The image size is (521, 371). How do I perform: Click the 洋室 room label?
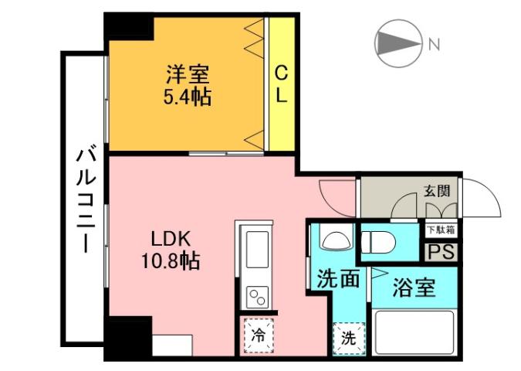pyautogui.click(x=187, y=76)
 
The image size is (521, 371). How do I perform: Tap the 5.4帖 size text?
pyautogui.click(x=187, y=98)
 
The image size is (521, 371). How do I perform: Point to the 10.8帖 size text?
pyautogui.click(x=170, y=261)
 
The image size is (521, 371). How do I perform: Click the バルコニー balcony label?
pyautogui.click(x=83, y=199)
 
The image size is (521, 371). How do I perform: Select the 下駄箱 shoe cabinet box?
pyautogui.click(x=440, y=230)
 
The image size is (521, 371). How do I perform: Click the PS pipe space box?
pyautogui.click(x=441, y=252)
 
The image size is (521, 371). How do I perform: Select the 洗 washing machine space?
pyautogui.click(x=349, y=337)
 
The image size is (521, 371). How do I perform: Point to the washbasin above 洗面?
pyautogui.click(x=335, y=240)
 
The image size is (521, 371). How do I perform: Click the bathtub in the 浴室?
pyautogui.click(x=414, y=333)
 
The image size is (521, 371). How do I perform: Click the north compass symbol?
pyautogui.click(x=398, y=43)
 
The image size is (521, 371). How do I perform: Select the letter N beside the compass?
pyautogui.click(x=434, y=44)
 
